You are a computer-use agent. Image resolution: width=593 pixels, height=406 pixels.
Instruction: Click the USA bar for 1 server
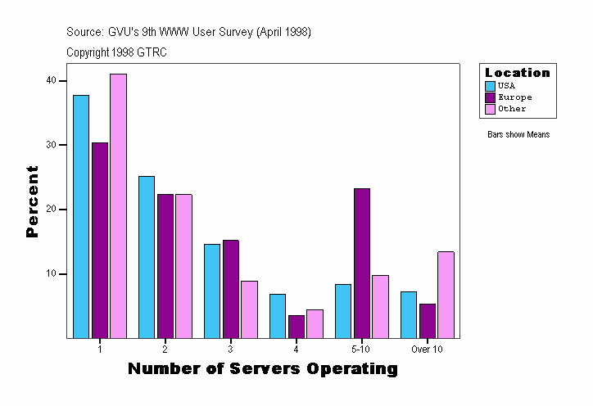pyautogui.click(x=81, y=216)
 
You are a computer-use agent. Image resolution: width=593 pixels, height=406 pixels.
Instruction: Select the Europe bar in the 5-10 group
pyautogui.click(x=362, y=263)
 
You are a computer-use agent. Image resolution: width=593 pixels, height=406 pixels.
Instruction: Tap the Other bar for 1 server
pyautogui.click(x=118, y=205)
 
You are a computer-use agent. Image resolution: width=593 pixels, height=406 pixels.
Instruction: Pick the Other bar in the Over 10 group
pyautogui.click(x=446, y=295)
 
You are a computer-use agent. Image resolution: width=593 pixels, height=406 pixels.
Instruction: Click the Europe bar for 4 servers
pyautogui.click(x=296, y=327)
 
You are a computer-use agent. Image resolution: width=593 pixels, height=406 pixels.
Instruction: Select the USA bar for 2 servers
pyautogui.click(x=147, y=257)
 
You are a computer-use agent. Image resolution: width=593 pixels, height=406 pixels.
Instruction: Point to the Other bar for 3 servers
pyautogui.click(x=249, y=309)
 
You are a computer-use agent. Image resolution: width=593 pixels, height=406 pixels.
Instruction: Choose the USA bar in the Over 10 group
pyautogui.click(x=409, y=314)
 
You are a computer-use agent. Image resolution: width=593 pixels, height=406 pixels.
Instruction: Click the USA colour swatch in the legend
pyautogui.click(x=491, y=86)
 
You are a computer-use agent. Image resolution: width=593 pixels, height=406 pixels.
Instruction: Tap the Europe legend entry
pyautogui.click(x=514, y=97)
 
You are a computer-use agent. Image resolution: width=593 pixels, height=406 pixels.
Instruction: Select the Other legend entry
pyautogui.click(x=512, y=109)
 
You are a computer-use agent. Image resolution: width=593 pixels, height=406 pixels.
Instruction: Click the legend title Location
pyautogui.click(x=518, y=73)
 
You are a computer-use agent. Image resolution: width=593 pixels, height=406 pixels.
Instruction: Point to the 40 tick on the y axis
pyautogui.click(x=51, y=80)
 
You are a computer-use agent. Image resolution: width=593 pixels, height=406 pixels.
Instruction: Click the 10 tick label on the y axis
pyautogui.click(x=51, y=273)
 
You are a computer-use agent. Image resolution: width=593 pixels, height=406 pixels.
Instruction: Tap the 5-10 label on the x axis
pyautogui.click(x=361, y=349)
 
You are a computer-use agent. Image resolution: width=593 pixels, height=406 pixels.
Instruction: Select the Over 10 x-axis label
pyautogui.click(x=427, y=349)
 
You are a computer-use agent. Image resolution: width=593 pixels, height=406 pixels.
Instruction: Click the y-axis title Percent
pyautogui.click(x=33, y=201)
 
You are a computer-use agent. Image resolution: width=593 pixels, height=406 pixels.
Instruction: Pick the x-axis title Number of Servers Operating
pyautogui.click(x=263, y=369)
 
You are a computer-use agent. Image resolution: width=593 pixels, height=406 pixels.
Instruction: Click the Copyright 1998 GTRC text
pyautogui.click(x=116, y=52)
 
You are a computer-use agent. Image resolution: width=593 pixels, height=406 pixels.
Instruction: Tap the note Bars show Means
pyautogui.click(x=518, y=135)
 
